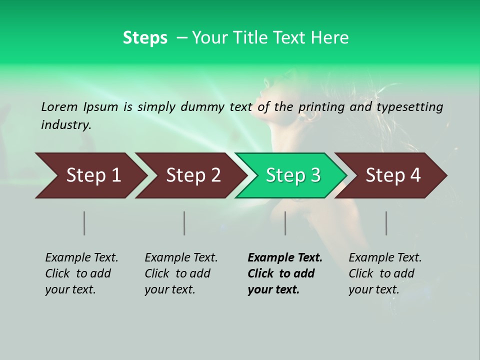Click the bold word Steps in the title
click(x=145, y=37)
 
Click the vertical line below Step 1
click(x=84, y=223)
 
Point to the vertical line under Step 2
click(x=184, y=223)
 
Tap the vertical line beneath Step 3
click(x=285, y=223)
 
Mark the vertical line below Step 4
click(x=386, y=223)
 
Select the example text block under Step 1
click(x=81, y=273)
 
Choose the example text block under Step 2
click(x=181, y=273)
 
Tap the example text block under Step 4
click(x=385, y=273)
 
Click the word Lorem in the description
click(x=59, y=106)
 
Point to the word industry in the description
click(x=66, y=124)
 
